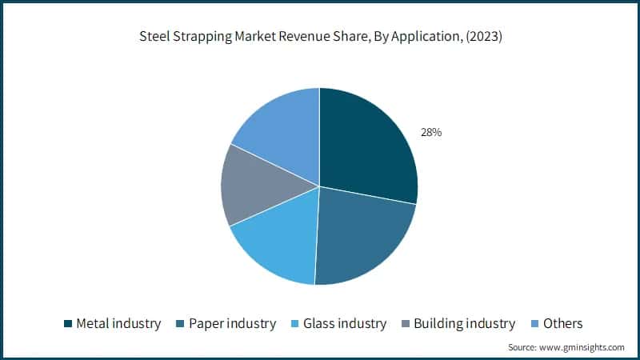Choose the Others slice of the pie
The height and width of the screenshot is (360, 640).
click(280, 128)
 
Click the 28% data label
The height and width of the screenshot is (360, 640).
click(431, 133)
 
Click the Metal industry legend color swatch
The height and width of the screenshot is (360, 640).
click(68, 324)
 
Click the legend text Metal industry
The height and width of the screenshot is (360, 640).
click(118, 324)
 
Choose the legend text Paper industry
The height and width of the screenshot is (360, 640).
click(232, 324)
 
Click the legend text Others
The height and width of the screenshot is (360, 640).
click(563, 324)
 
